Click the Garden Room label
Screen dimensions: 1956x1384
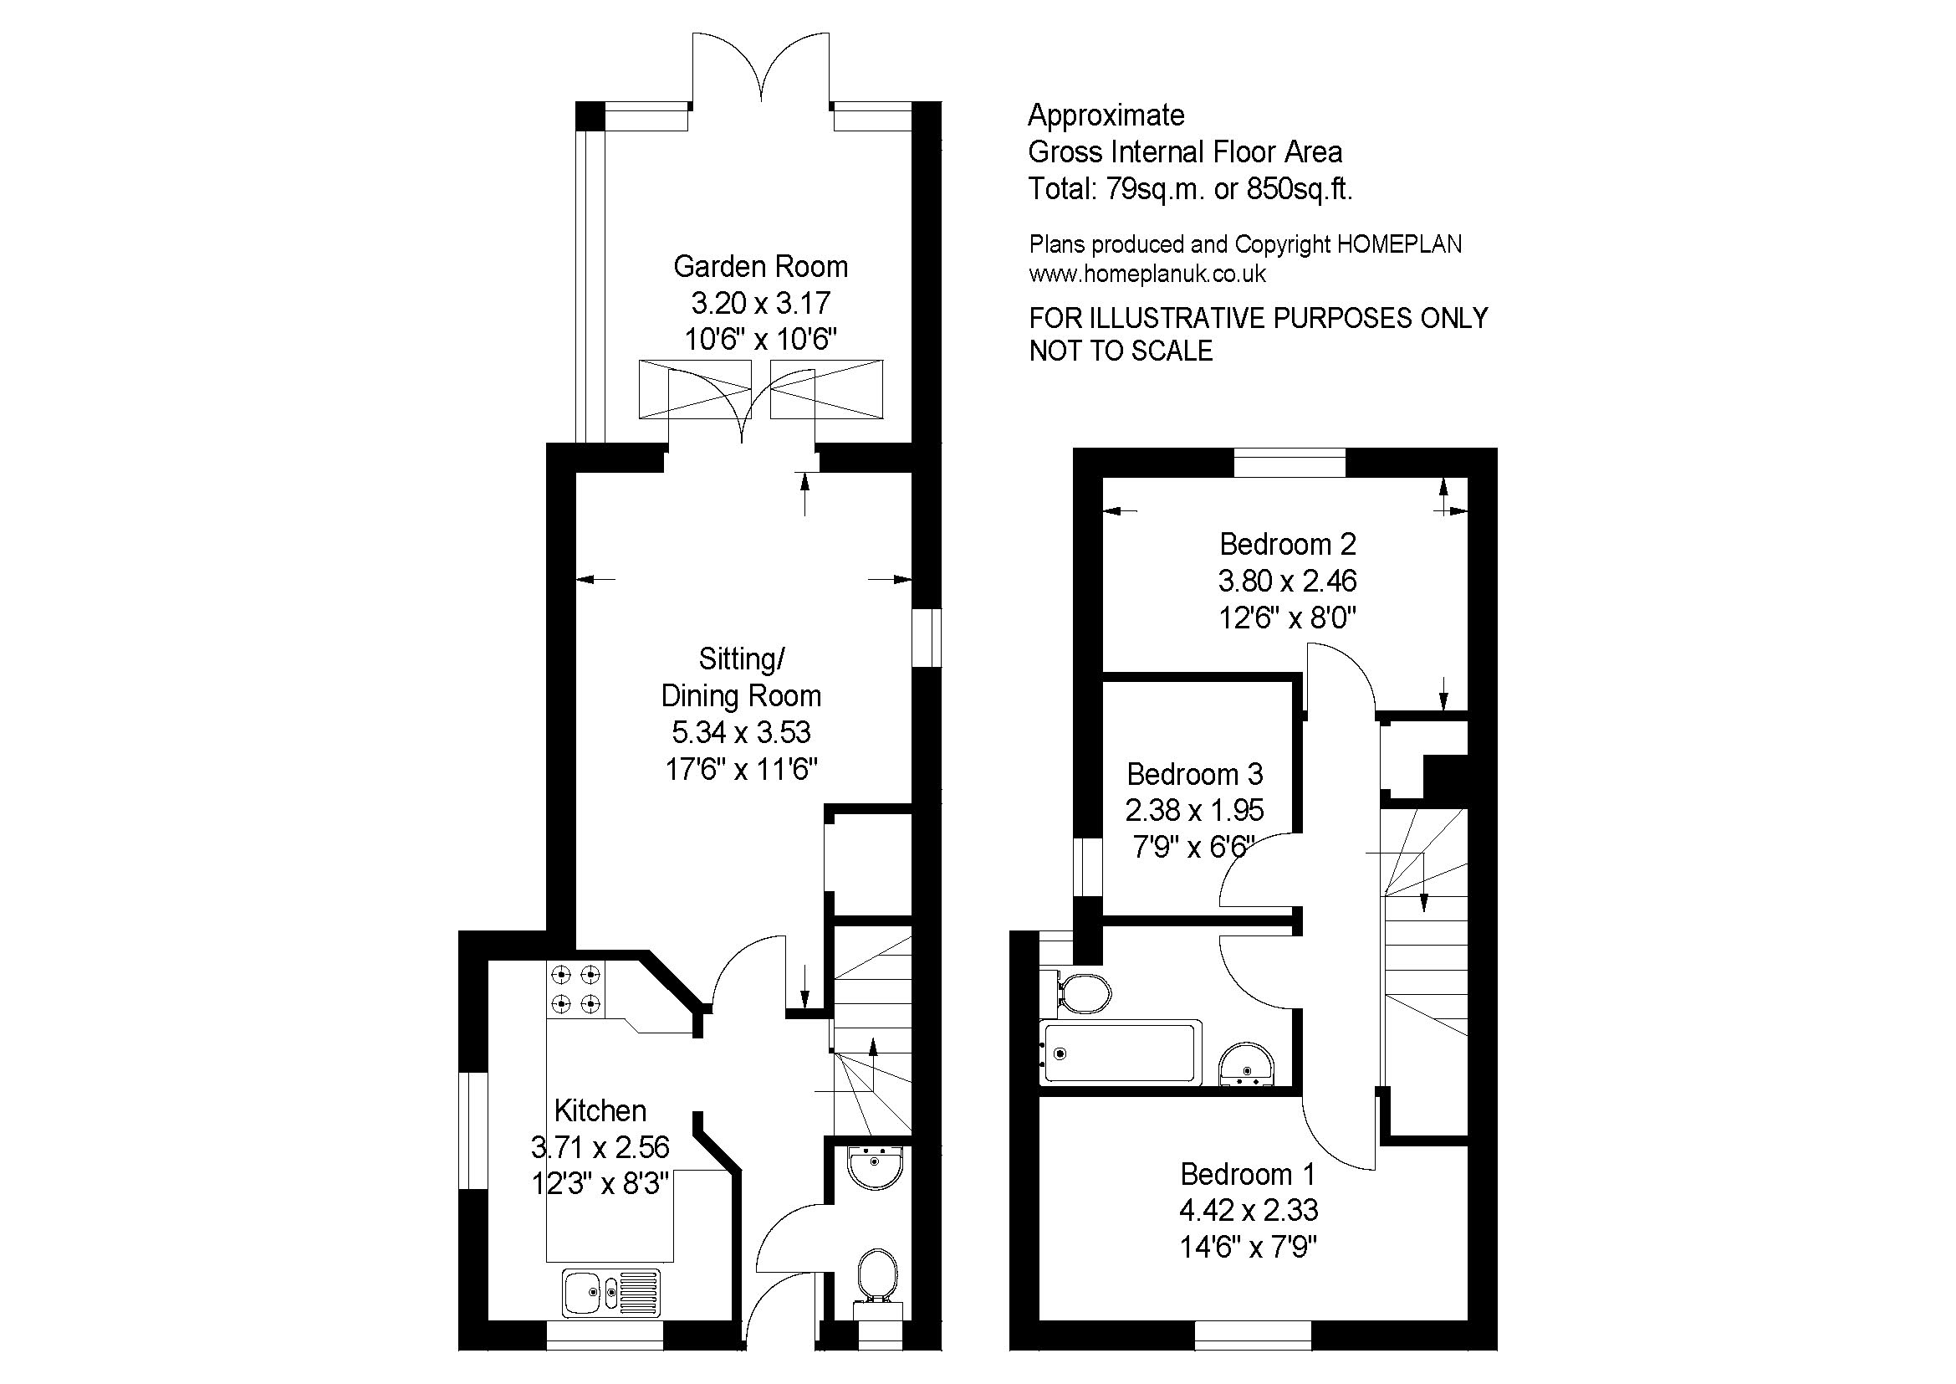click(761, 267)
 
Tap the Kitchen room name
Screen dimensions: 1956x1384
click(600, 1110)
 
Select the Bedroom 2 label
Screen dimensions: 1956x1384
click(1287, 544)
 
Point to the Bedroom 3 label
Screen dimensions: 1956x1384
click(1194, 774)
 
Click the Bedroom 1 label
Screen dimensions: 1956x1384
click(1248, 1174)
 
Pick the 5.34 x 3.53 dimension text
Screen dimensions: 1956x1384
click(741, 732)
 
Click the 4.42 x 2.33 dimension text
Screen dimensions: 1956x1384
click(1248, 1210)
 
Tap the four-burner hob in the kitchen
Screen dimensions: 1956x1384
click(576, 989)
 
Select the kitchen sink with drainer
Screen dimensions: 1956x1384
click(611, 1293)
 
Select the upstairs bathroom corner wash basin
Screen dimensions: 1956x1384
click(1247, 1066)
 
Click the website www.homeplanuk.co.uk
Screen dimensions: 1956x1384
click(1147, 274)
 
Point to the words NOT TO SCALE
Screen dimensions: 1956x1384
click(1121, 351)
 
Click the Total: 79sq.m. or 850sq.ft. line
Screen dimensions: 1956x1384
click(1190, 188)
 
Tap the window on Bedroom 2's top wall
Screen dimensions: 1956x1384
click(1290, 463)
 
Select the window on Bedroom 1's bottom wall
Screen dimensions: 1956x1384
click(1254, 1335)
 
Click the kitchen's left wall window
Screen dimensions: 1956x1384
click(472, 1130)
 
